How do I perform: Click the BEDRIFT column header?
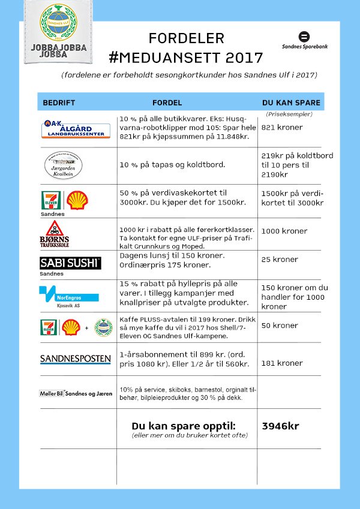click(x=59, y=103)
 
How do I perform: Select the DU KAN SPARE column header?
click(x=291, y=103)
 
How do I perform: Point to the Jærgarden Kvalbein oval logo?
click(x=64, y=165)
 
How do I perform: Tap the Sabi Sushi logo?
click(x=70, y=263)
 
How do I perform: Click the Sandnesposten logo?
click(x=75, y=359)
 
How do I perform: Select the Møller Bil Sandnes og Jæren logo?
click(x=76, y=393)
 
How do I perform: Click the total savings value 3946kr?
click(x=280, y=426)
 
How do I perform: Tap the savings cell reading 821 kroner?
click(x=282, y=127)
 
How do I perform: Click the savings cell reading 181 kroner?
click(x=282, y=363)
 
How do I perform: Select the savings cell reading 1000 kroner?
click(x=284, y=231)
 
